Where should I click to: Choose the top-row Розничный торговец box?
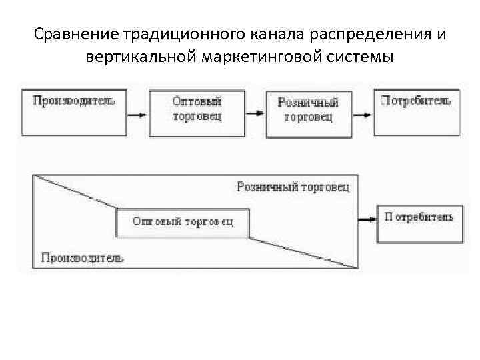pyautogui.click(x=307, y=112)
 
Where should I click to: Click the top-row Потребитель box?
pyautogui.click(x=416, y=112)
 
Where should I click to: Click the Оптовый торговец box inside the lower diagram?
pyautogui.click(x=182, y=223)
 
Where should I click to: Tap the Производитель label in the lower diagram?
pyautogui.click(x=82, y=257)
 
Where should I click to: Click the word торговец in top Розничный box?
pyautogui.click(x=308, y=118)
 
